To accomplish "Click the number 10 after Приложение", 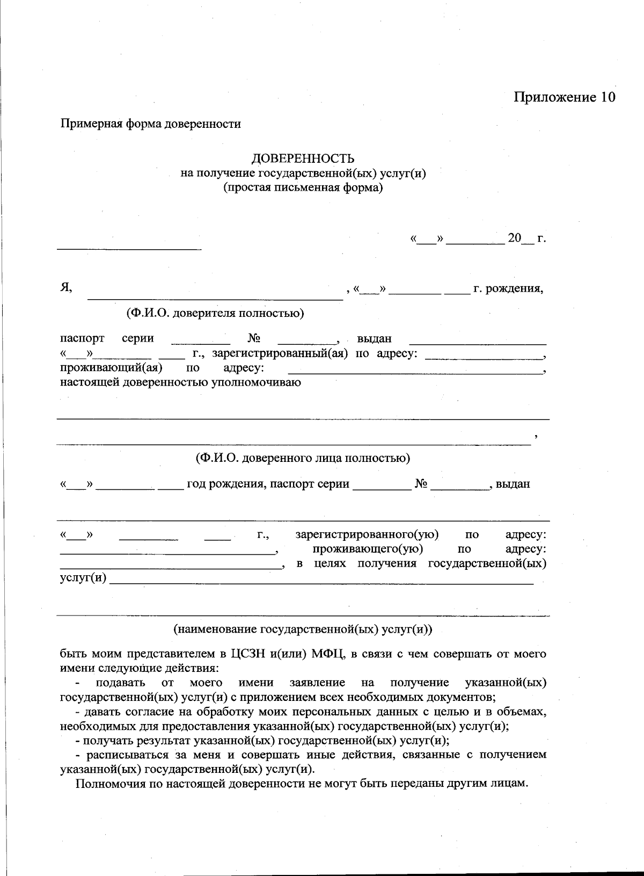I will (605, 97).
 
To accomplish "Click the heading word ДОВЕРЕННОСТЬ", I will (303, 158).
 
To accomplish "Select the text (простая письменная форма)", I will (303, 188).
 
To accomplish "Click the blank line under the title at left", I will (129, 249).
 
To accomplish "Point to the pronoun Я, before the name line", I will (66, 288).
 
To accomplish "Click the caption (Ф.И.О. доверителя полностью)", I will (215, 313).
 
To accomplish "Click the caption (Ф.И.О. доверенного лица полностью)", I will (303, 458).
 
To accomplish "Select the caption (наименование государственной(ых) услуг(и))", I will (303, 629).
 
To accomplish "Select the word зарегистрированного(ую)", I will (367, 535).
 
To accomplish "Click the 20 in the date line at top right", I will (515, 238).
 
